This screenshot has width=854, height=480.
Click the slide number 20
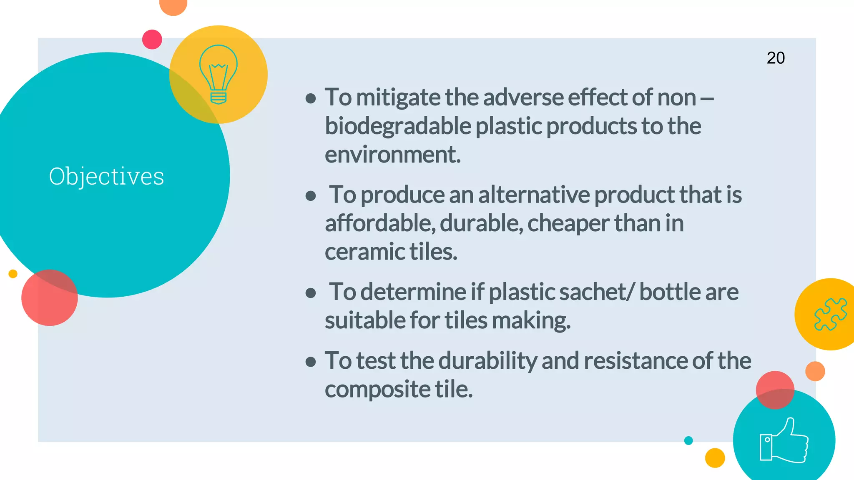coord(776,58)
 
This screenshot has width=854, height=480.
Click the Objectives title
coord(106,176)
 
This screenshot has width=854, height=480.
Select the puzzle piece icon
coord(830,314)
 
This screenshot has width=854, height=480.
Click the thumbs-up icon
coord(784,441)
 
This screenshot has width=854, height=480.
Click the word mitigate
coord(398,97)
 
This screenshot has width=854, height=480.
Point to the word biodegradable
coord(398,126)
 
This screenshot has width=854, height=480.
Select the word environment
coord(392,155)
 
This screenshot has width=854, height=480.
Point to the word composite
coord(377,389)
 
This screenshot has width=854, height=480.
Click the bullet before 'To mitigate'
coord(310,98)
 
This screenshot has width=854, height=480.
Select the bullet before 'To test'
coord(310,362)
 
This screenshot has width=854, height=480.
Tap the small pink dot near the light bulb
coord(152,40)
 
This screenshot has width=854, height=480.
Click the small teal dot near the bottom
coord(688,440)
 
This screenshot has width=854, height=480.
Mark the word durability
coord(487,360)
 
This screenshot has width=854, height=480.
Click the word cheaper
coord(568,223)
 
